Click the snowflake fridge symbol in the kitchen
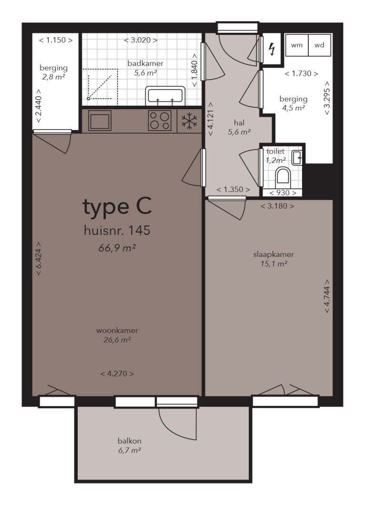[x=189, y=122]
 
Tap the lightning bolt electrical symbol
[x=272, y=49]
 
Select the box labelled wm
[x=297, y=46]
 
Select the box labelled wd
[x=319, y=46]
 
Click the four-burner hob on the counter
[x=160, y=121]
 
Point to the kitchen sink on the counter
[x=99, y=121]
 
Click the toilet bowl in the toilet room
[x=283, y=176]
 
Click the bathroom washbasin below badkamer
[x=165, y=95]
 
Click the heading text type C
[x=117, y=207]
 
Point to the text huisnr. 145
[x=117, y=231]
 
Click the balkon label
[x=130, y=441]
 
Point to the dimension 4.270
[x=117, y=374]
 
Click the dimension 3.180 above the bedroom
[x=277, y=206]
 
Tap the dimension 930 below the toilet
[x=283, y=193]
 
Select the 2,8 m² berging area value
[x=53, y=75]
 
